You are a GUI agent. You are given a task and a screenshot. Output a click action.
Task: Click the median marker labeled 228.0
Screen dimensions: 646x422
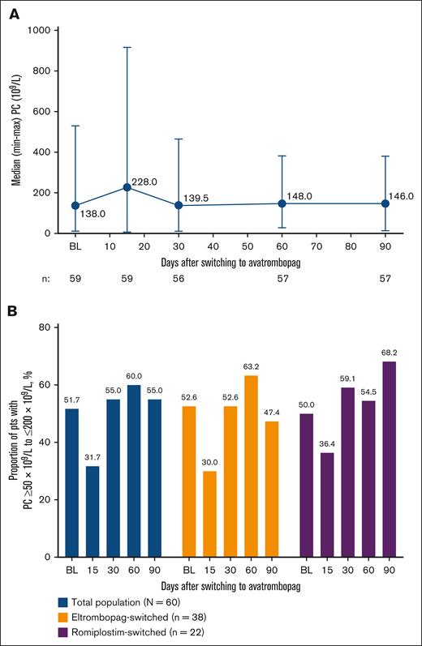(x=127, y=187)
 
